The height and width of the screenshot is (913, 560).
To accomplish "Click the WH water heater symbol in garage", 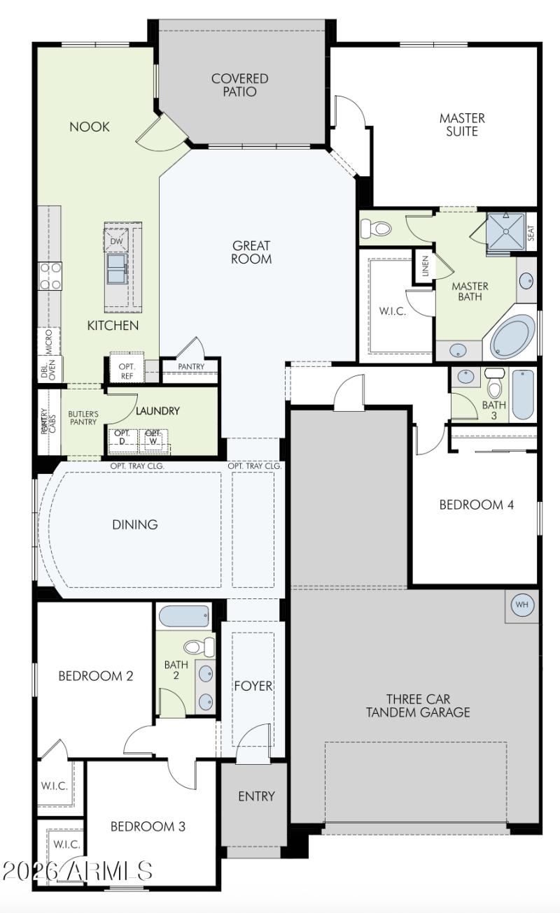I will click(x=522, y=604).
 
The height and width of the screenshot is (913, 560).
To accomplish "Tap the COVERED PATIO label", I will click(x=240, y=85).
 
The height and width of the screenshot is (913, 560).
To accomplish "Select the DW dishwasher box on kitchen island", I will click(x=117, y=240).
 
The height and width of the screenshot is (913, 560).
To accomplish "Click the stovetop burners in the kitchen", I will click(x=50, y=275).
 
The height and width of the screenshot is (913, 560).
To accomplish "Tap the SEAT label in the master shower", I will click(x=531, y=232).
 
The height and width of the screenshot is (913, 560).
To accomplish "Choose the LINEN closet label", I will click(x=425, y=266).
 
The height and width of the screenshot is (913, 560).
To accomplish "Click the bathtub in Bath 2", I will click(x=184, y=617).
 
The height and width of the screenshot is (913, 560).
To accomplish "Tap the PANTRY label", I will click(x=191, y=367).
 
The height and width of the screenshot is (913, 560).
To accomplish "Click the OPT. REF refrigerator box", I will click(x=127, y=371).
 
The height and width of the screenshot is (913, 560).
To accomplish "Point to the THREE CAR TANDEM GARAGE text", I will click(x=418, y=706).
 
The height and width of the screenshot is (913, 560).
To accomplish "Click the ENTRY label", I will click(x=256, y=796).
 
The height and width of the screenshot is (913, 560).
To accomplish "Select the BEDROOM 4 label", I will click(x=476, y=505).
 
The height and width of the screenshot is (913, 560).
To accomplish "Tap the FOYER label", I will click(x=253, y=686).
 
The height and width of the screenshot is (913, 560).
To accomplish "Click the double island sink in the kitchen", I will click(x=116, y=268).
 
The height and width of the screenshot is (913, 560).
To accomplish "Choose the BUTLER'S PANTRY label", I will click(x=83, y=418).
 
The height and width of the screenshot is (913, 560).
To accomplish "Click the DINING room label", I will click(x=135, y=524).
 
